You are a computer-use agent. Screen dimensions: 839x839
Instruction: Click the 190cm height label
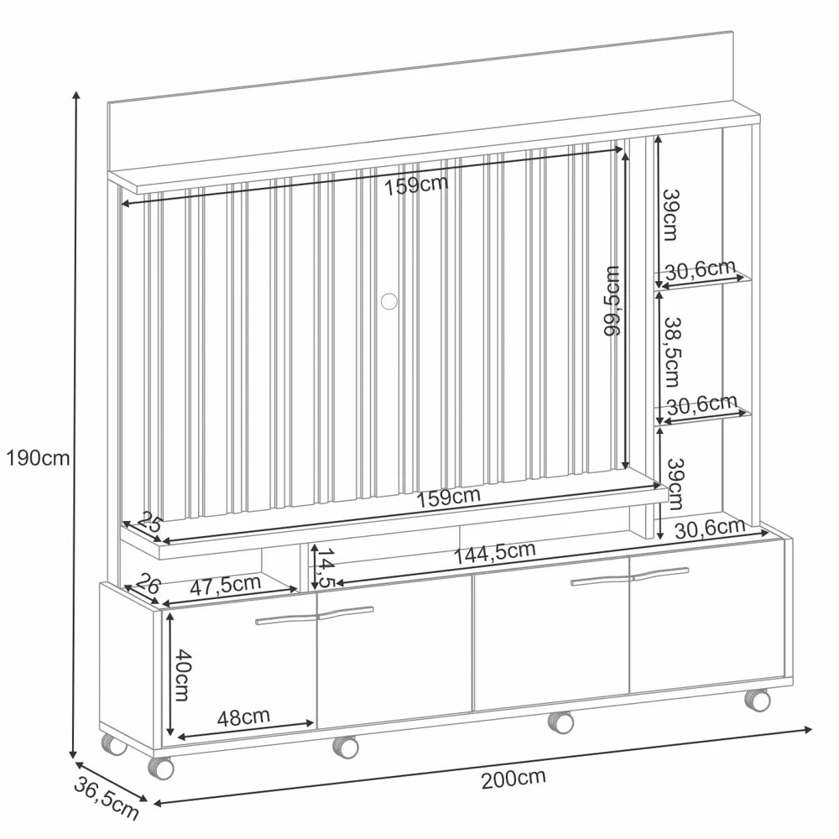(x=37, y=458)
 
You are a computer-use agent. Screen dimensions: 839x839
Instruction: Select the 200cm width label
(x=513, y=778)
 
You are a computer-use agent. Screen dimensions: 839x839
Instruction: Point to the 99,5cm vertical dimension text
(x=613, y=301)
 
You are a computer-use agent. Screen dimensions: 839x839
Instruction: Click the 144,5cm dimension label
(x=494, y=552)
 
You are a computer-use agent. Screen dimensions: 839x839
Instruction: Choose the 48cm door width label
(x=243, y=717)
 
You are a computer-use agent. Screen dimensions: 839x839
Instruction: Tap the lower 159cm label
(x=449, y=497)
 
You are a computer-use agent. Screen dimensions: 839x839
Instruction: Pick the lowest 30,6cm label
(x=710, y=528)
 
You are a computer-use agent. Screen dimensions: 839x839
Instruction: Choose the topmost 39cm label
(x=670, y=215)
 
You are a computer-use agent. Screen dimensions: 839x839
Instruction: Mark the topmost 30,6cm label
(x=701, y=269)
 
